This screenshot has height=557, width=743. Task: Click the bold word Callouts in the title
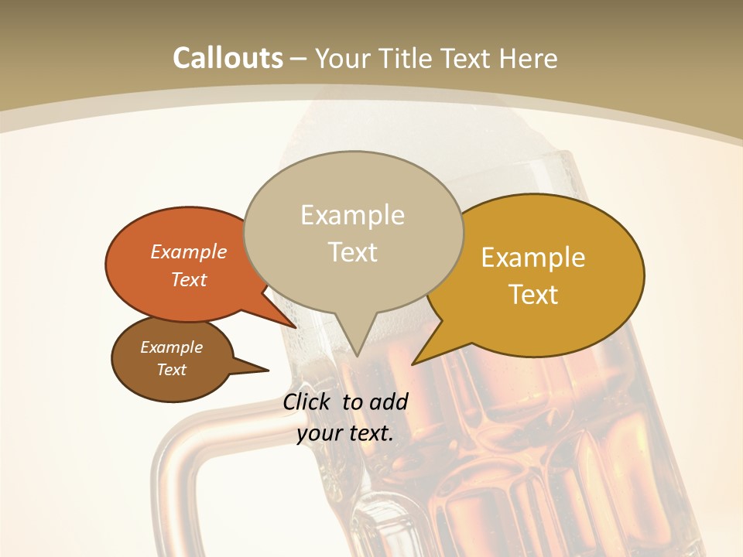click(228, 58)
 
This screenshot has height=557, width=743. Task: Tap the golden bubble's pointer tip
click(413, 364)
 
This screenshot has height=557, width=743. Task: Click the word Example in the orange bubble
click(189, 251)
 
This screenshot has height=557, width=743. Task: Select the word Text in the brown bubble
click(172, 370)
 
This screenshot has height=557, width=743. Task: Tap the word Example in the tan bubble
click(353, 215)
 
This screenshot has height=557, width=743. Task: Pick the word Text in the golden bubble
click(534, 295)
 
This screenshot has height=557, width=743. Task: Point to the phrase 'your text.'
click(345, 433)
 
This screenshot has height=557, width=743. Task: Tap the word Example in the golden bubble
click(533, 258)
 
